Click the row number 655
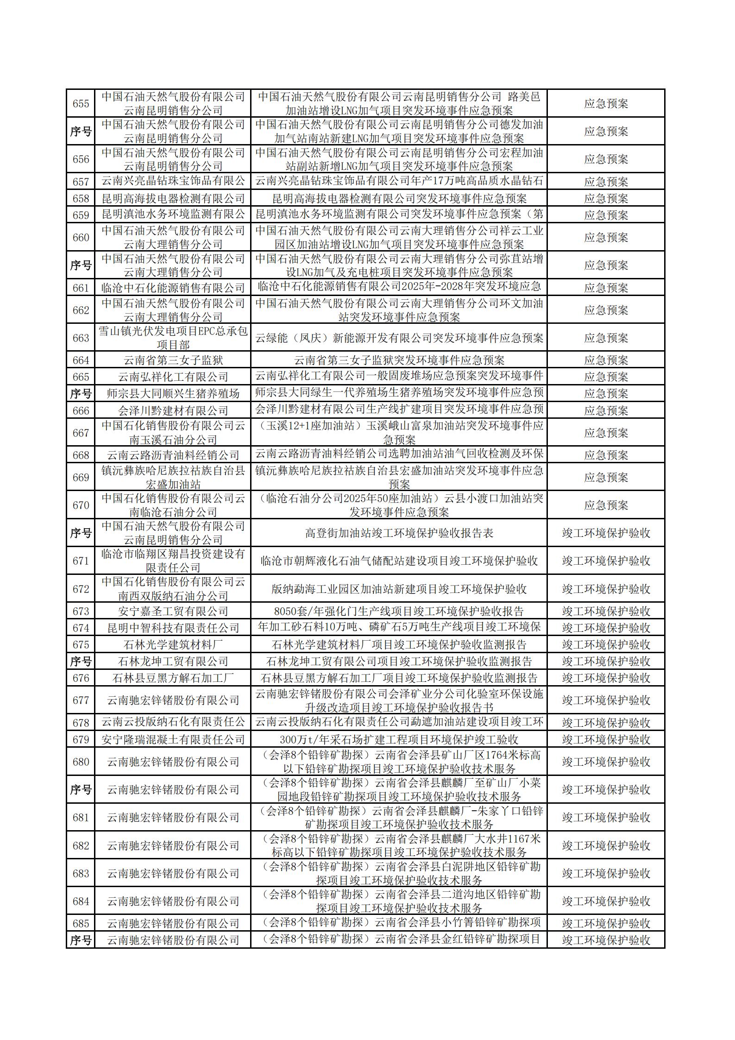(x=81, y=103)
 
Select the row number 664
(x=81, y=360)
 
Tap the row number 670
(x=81, y=505)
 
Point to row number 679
(x=81, y=739)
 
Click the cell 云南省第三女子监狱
(x=173, y=360)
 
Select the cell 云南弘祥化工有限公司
(x=173, y=377)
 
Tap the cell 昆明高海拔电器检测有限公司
(x=173, y=198)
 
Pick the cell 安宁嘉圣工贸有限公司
(x=173, y=611)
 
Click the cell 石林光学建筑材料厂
(x=173, y=644)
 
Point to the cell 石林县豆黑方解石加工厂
(x=173, y=678)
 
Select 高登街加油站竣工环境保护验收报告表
(x=399, y=533)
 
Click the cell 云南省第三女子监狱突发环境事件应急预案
(x=399, y=360)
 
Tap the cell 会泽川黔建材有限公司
(x=173, y=410)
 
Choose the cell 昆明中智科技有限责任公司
(x=173, y=628)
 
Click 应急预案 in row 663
(x=606, y=338)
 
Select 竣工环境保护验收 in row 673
(x=606, y=611)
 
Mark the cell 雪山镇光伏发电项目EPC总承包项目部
(x=173, y=338)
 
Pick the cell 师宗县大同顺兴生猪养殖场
(x=173, y=394)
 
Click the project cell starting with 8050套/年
(x=399, y=611)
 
